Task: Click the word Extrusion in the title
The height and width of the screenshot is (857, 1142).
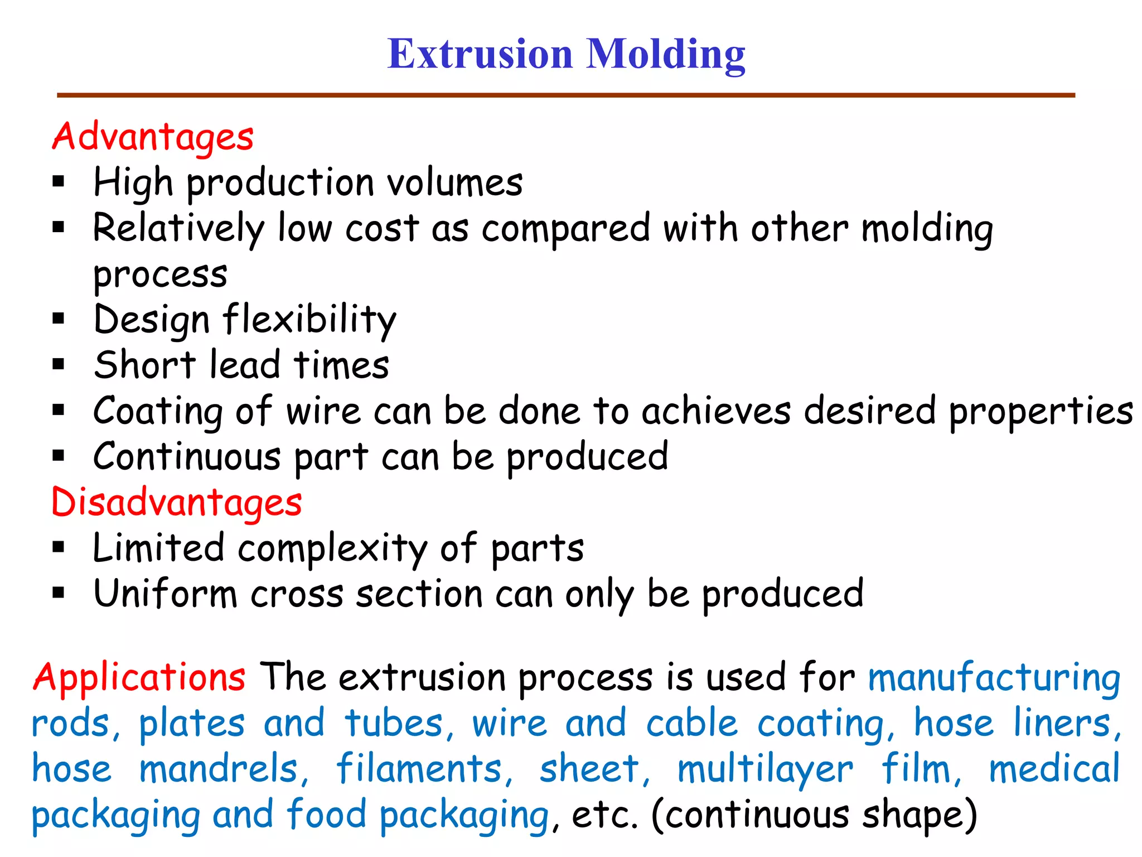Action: [480, 54]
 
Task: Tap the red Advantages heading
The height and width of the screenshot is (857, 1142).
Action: [153, 137]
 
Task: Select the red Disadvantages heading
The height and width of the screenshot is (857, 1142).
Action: [176, 502]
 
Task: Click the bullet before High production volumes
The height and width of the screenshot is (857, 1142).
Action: [59, 181]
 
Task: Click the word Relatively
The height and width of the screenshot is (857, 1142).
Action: [178, 229]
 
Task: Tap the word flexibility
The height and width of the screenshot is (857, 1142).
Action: [309, 320]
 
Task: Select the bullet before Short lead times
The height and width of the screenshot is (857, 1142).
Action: [59, 364]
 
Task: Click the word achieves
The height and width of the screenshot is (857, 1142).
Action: [715, 411]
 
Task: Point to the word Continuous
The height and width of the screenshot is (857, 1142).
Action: [187, 457]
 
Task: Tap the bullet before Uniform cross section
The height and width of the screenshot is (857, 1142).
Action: [59, 593]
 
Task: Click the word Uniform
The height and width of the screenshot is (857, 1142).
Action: [166, 594]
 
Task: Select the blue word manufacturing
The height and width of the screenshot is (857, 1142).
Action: [994, 678]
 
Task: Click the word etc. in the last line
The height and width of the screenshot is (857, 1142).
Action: [604, 815]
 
